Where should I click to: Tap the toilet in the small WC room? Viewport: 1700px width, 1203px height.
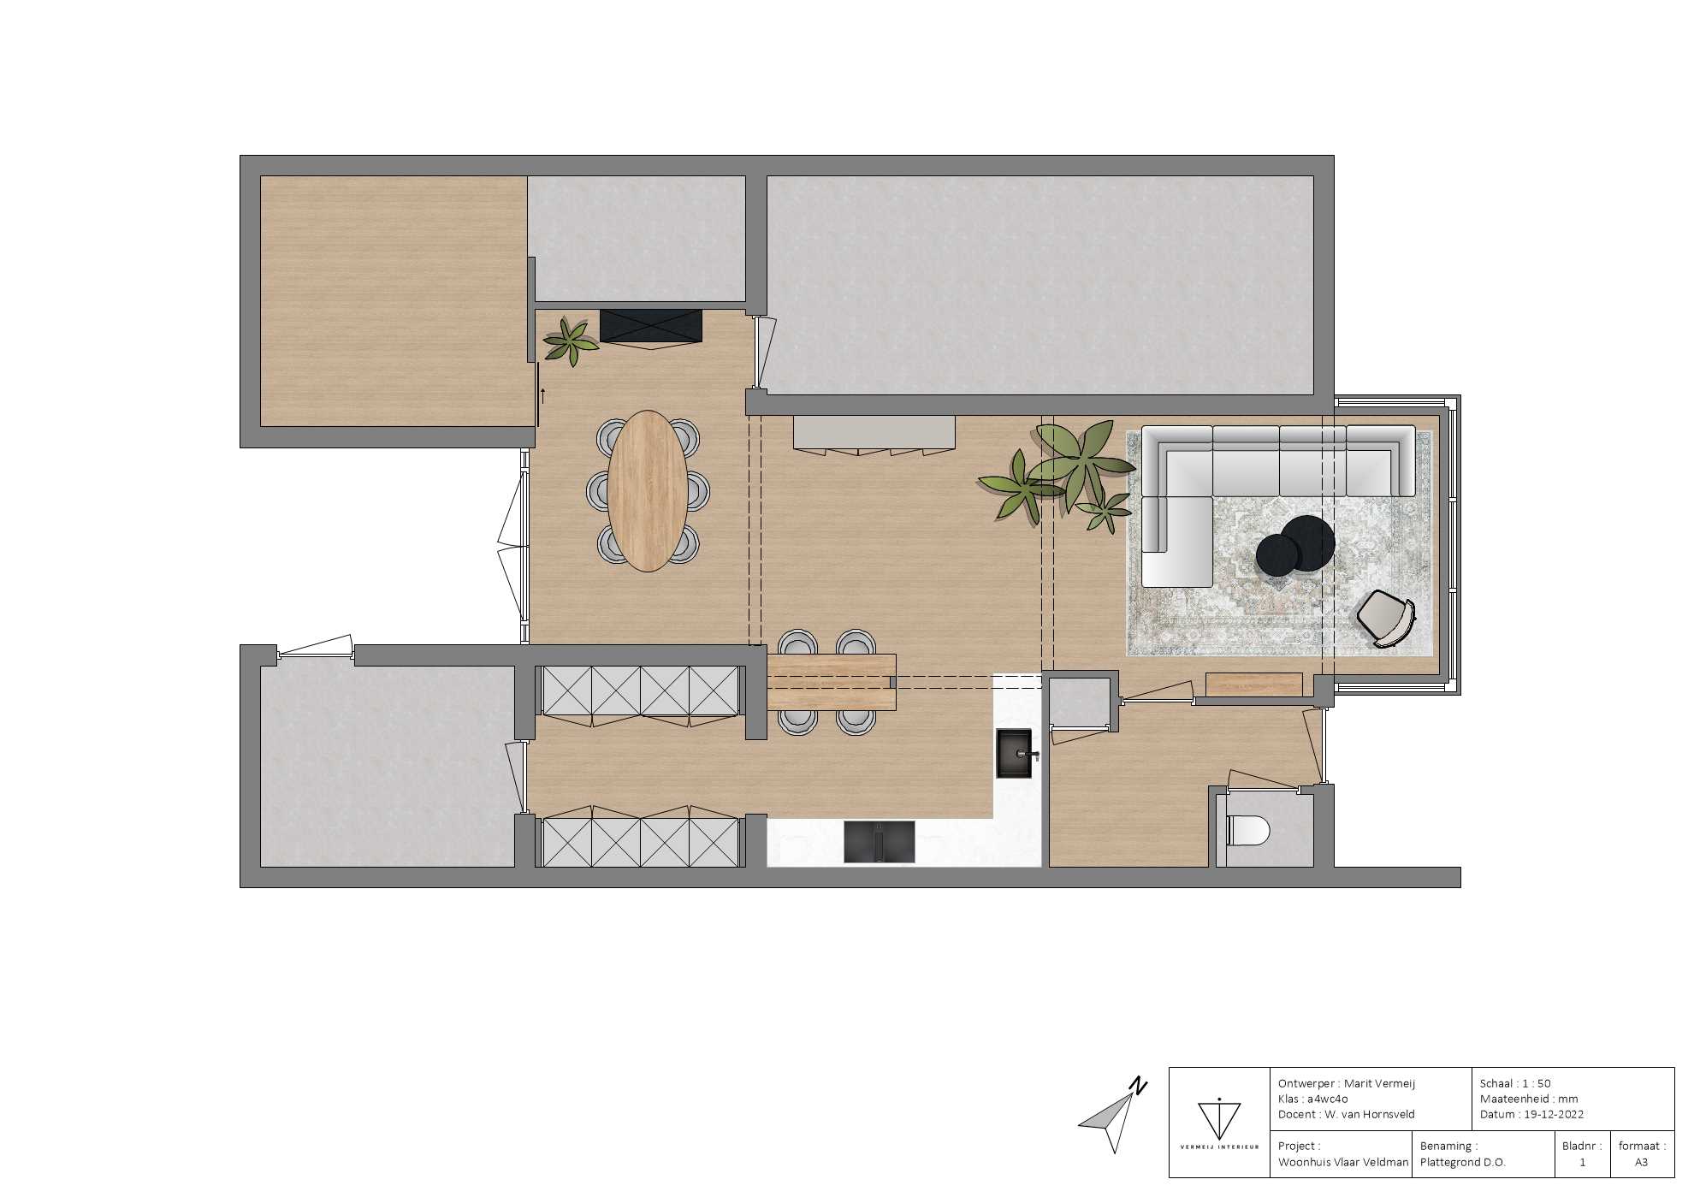tap(1248, 830)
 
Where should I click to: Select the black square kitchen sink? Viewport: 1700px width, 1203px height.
tap(1016, 753)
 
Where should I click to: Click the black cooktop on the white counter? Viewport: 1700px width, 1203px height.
tap(879, 841)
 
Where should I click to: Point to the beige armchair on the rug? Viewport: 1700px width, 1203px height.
tap(1386, 618)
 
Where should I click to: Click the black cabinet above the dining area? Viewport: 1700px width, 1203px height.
tap(651, 326)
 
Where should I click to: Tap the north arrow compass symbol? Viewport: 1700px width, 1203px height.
tap(1112, 1116)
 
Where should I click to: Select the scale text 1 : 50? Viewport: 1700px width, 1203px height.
tap(1536, 1083)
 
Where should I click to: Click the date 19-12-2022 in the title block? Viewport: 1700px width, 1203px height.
tap(1554, 1114)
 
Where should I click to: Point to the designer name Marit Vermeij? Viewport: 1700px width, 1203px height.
tap(1379, 1083)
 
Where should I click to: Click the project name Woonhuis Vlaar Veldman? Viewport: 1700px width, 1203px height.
tap(1343, 1162)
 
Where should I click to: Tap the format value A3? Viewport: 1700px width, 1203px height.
tap(1641, 1162)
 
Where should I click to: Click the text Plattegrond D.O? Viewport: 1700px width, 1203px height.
tap(1462, 1162)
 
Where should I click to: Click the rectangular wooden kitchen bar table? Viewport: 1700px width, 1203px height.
tap(832, 682)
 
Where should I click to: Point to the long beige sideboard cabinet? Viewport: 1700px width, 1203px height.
tap(874, 433)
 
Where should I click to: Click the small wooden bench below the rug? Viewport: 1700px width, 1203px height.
tap(1253, 684)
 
